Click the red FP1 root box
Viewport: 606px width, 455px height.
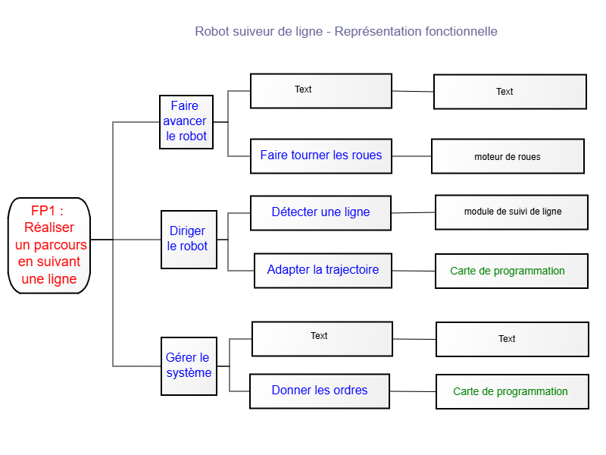coord(49,246)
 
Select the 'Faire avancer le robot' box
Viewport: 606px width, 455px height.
coord(186,122)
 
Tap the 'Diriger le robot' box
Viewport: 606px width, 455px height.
coord(189,240)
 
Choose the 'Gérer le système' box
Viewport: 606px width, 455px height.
coord(189,366)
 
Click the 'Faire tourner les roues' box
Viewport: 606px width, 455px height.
coord(320,156)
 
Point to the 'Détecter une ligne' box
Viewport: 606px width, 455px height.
coord(320,213)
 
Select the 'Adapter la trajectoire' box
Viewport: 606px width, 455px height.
coord(323,271)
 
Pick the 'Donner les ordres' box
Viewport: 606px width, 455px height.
coord(320,391)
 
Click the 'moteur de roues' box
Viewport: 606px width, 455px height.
coord(508,156)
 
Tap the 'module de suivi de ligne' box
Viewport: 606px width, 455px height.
coord(512,212)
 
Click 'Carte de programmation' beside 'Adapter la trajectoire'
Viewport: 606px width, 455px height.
coord(512,271)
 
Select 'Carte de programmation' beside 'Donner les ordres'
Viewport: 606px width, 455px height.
coord(513,391)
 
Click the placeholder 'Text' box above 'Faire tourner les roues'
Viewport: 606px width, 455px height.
coord(320,90)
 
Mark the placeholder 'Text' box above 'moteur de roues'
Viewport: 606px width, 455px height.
coord(510,92)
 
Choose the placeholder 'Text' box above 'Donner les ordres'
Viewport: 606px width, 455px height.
coord(322,338)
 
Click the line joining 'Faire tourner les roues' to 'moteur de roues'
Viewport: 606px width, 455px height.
coord(411,156)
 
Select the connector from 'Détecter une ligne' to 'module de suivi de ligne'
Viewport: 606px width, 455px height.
coord(413,212)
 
